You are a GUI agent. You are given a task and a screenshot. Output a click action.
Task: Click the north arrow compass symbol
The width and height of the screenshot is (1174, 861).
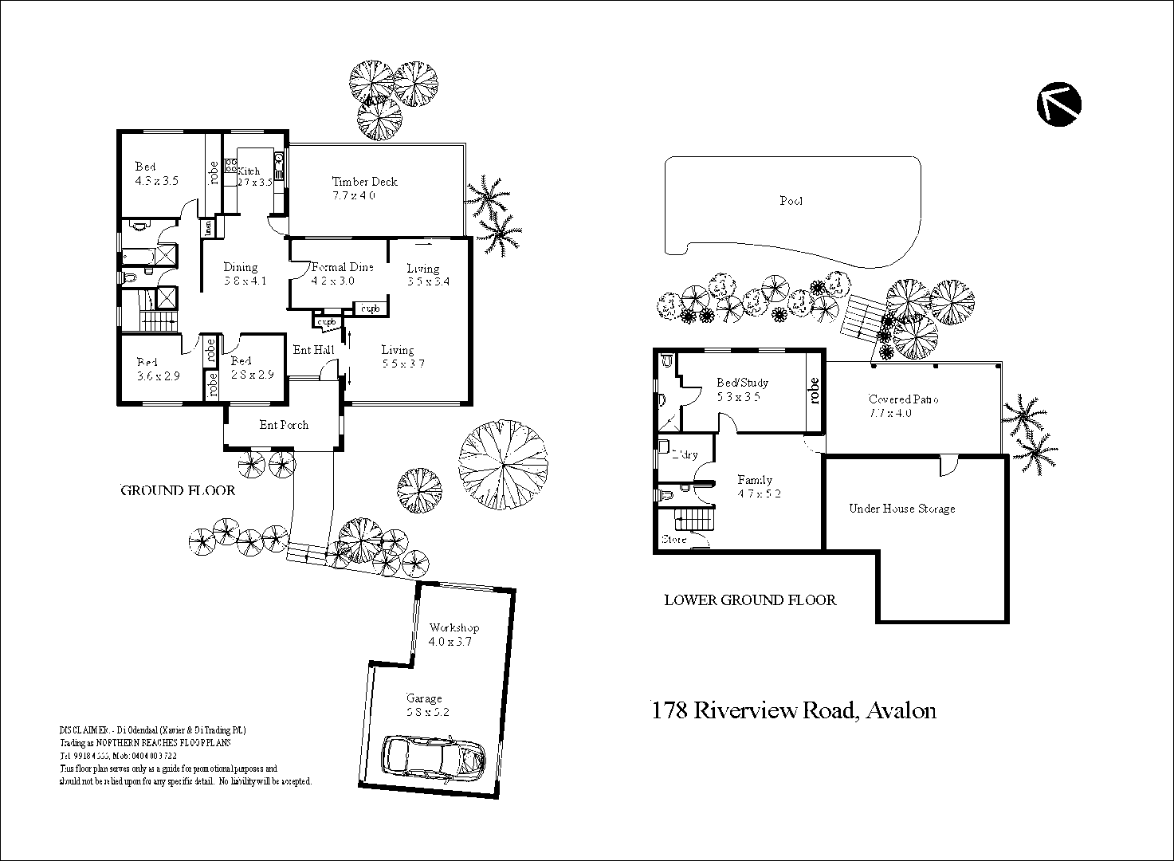[x=1059, y=104]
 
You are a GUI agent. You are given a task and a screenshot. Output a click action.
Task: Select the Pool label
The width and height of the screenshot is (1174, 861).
[x=791, y=201]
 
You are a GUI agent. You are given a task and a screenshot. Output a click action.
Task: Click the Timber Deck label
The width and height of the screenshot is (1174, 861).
[x=364, y=182]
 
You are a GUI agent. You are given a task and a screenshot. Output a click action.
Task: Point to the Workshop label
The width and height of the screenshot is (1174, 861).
[x=454, y=628]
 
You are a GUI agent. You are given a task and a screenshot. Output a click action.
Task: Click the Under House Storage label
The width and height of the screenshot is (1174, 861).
[x=901, y=509]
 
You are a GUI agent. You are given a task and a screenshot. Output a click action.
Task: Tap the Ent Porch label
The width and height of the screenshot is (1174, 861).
[x=284, y=425]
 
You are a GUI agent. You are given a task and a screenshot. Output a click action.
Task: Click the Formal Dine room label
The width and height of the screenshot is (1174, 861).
[x=342, y=267]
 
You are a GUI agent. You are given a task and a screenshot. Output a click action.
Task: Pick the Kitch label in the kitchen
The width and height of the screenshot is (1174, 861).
[x=249, y=171]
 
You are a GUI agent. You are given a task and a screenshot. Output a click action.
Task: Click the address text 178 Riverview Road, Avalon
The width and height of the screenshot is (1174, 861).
[x=794, y=710]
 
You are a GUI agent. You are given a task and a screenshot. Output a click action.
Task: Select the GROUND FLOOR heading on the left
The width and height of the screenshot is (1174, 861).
[x=178, y=490]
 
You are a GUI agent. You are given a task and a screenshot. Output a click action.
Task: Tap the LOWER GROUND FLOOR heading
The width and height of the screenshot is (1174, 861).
[x=750, y=600]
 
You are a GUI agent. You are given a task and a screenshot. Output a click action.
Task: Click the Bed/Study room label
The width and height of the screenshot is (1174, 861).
[x=742, y=383]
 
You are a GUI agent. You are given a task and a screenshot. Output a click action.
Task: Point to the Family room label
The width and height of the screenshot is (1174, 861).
[x=754, y=480]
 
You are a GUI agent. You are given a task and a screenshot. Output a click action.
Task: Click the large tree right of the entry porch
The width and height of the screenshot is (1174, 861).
[x=504, y=466]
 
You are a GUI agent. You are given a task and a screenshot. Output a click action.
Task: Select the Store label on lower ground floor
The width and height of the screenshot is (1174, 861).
[x=673, y=540]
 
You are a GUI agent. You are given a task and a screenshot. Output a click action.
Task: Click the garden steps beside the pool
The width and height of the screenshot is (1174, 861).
[x=862, y=317]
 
